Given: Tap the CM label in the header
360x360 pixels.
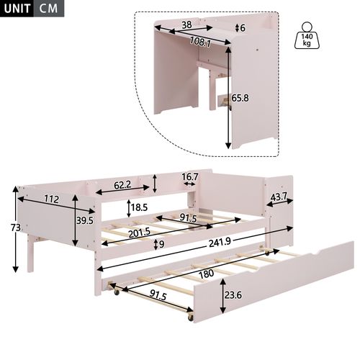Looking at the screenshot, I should click(x=49, y=9).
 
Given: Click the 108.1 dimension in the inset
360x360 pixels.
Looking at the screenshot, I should click(x=199, y=42).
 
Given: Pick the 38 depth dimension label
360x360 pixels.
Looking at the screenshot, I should click(x=186, y=24).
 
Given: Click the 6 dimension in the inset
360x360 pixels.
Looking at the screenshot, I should click(x=243, y=28).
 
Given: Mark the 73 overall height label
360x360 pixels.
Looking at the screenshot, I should click(x=6, y=228).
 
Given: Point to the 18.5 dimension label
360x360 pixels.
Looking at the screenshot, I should click(x=138, y=209).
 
